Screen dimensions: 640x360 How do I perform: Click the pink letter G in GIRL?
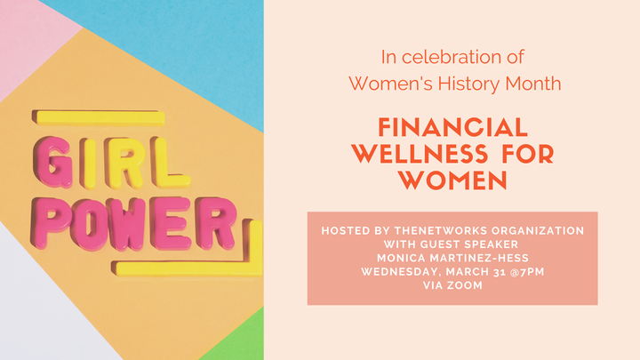(x=52, y=162)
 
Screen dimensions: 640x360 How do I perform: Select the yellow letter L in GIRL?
(x=170, y=164)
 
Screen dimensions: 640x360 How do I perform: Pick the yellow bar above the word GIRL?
(x=99, y=117)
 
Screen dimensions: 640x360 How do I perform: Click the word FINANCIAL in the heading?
(x=452, y=127)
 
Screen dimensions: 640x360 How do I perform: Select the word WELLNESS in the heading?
(x=420, y=154)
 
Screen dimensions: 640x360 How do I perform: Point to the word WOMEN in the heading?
(x=453, y=180)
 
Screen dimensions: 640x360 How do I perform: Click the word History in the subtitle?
(x=468, y=84)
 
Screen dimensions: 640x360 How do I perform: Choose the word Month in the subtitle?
(x=533, y=84)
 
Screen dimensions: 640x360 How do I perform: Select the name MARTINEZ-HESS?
(x=479, y=258)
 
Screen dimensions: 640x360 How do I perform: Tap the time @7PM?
(x=527, y=272)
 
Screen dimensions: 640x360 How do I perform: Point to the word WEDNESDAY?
(x=401, y=272)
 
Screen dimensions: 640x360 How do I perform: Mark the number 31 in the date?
(x=500, y=272)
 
